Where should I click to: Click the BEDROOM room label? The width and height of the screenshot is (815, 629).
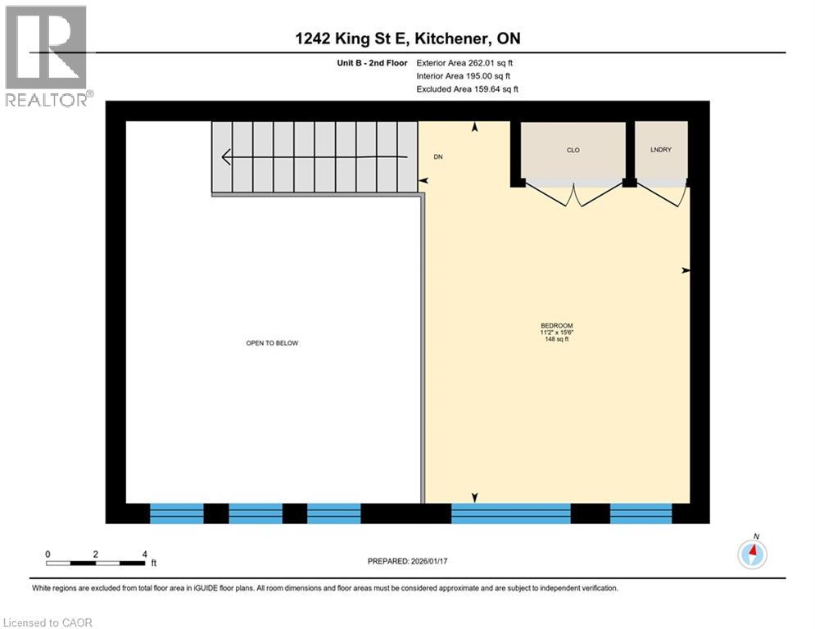click(x=557, y=325)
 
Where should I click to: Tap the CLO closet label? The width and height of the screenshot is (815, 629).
click(x=573, y=150)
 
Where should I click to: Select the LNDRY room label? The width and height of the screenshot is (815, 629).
click(x=661, y=150)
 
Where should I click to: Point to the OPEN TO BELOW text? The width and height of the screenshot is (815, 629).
click(x=272, y=343)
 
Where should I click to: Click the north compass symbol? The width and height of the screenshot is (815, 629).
click(x=752, y=554)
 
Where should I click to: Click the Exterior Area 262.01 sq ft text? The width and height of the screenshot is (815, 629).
click(x=465, y=63)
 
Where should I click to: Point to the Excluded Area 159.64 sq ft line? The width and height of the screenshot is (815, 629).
click(x=467, y=89)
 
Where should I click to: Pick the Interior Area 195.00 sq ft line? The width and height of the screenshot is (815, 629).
click(x=465, y=76)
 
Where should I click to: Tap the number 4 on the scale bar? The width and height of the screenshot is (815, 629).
click(x=144, y=554)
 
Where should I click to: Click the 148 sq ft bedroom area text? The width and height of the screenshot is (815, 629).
click(x=557, y=339)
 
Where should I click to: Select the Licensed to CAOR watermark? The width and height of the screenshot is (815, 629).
click(x=48, y=622)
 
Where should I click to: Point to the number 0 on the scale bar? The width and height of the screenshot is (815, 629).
click(x=48, y=554)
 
